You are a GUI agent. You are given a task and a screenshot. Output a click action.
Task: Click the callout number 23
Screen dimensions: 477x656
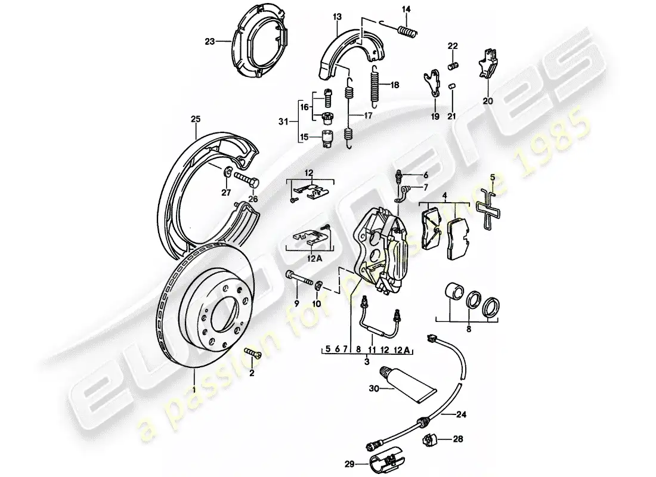209,42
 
